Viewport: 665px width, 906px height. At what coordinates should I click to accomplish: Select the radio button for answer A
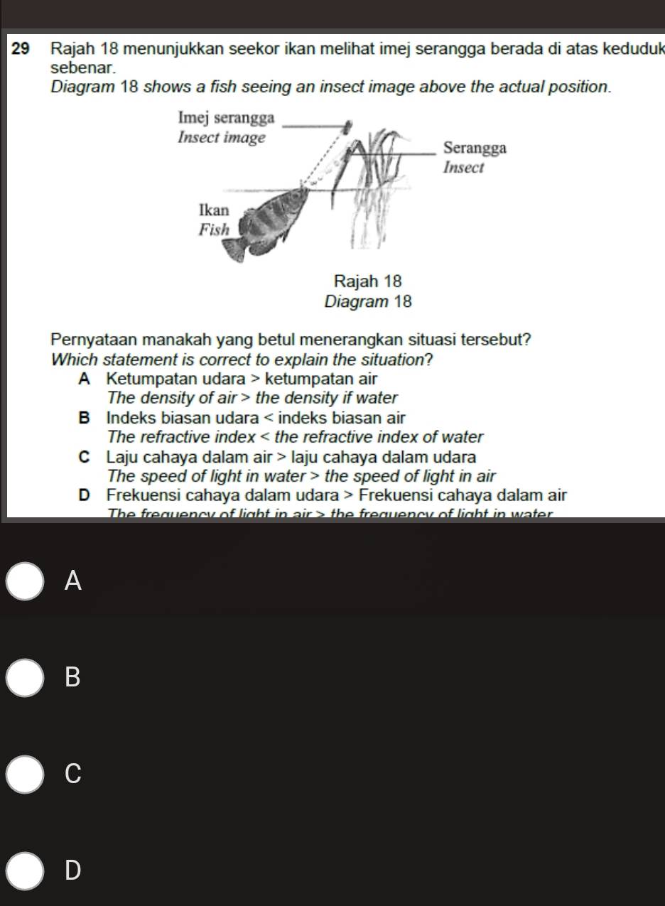click(x=27, y=581)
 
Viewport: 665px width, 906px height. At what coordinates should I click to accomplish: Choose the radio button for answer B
click(x=27, y=678)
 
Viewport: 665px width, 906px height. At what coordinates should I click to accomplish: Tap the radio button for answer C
click(x=27, y=775)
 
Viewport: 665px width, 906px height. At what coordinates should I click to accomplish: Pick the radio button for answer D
click(x=27, y=871)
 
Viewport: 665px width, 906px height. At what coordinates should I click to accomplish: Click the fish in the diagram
click(x=270, y=213)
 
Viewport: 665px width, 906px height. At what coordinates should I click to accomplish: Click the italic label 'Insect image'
click(x=221, y=136)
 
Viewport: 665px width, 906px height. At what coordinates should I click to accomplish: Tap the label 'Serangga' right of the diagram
click(x=475, y=149)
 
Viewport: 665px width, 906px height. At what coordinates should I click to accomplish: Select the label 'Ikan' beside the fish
click(x=214, y=211)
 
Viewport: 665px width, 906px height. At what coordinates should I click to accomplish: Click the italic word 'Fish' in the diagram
click(x=214, y=230)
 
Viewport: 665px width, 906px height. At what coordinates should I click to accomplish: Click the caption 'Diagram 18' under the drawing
click(x=367, y=301)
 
